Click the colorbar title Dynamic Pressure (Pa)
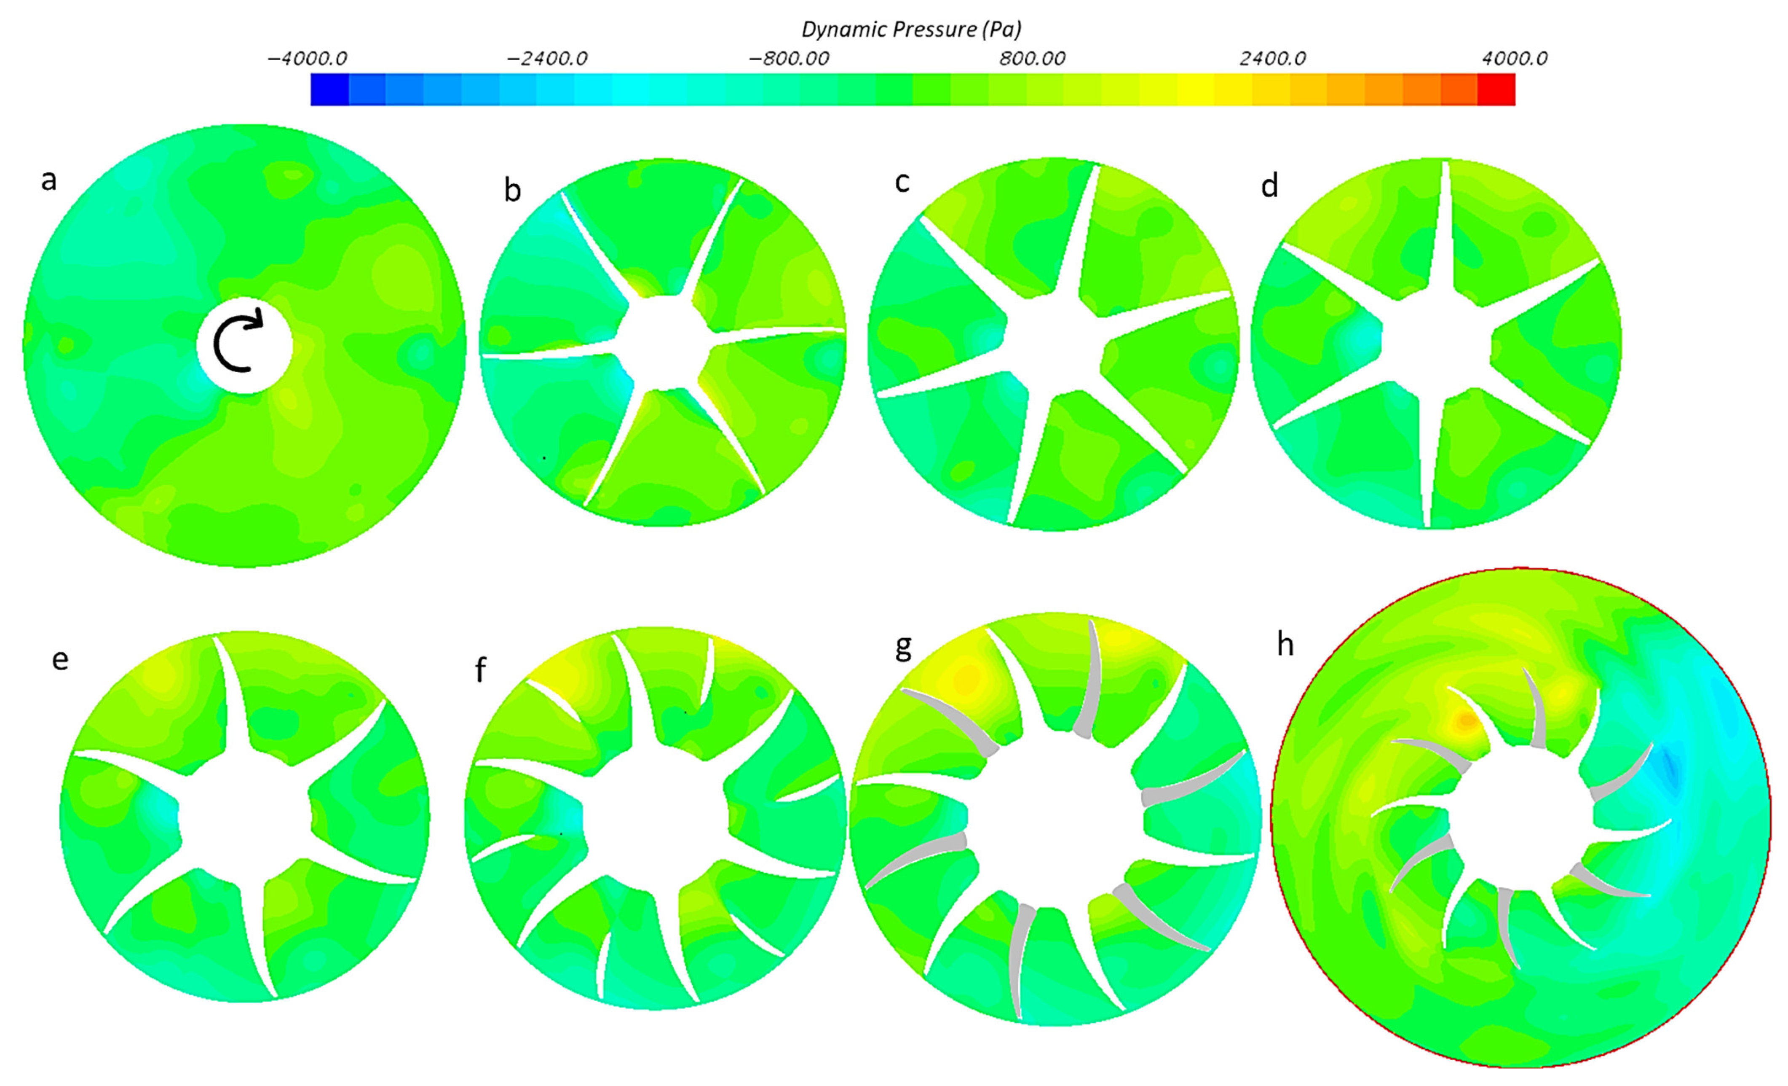pyautogui.click(x=911, y=29)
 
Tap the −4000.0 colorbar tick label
pyautogui.click(x=307, y=59)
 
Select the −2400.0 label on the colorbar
pyautogui.click(x=547, y=59)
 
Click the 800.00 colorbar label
pyautogui.click(x=1032, y=59)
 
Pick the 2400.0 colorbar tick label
pyautogui.click(x=1272, y=59)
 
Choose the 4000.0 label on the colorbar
pyautogui.click(x=1515, y=59)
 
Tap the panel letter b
pyautogui.click(x=512, y=190)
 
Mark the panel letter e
pyautogui.click(x=60, y=659)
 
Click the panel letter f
pyautogui.click(x=480, y=669)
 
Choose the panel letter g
pyautogui.click(x=903, y=646)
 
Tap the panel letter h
pyautogui.click(x=1285, y=644)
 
